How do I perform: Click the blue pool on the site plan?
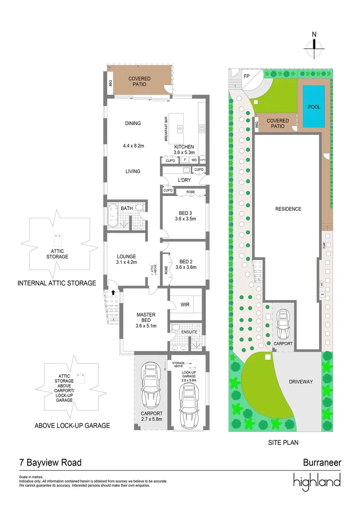314,107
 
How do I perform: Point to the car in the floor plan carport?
152,386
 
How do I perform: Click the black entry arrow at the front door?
113,292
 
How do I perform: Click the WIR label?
185,304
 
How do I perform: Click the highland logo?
317,481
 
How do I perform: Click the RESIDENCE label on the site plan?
288,209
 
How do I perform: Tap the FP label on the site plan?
246,76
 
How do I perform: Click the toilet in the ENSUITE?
176,327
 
